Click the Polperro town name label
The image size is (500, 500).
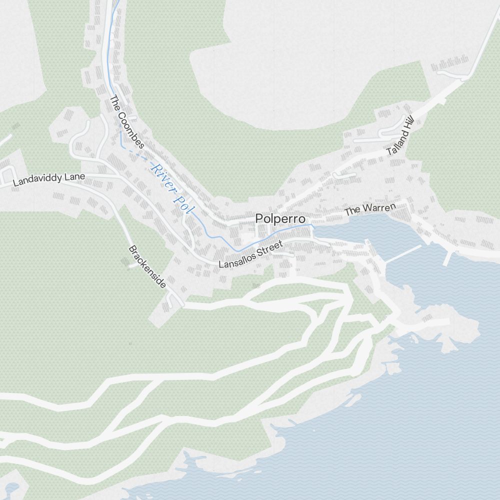coord(280,218)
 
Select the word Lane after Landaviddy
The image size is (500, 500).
coord(73,176)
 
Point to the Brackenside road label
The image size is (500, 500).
coord(147,266)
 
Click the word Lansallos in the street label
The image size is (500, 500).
coord(237,260)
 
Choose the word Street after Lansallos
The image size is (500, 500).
coord(270,249)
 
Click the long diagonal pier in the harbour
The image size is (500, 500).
coord(403,253)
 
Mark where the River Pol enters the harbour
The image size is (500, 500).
coord(314,228)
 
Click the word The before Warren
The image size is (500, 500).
coord(352,212)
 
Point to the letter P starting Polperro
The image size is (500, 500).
coord(259,218)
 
